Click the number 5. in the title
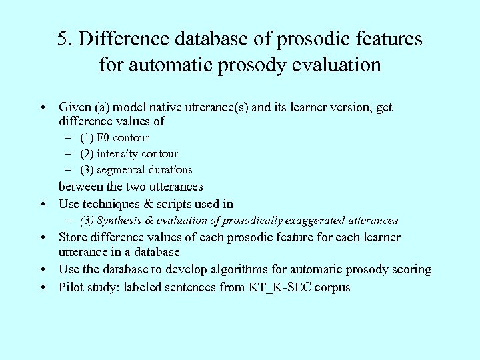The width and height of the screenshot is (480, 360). coord(65,39)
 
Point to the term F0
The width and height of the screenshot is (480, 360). coord(103,138)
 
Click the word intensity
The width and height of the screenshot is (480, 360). coord(121,154)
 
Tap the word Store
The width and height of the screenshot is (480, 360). coord(73,237)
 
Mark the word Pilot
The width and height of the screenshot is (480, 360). coord(71,288)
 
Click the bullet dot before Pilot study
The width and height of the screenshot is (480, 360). coord(42,288)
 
